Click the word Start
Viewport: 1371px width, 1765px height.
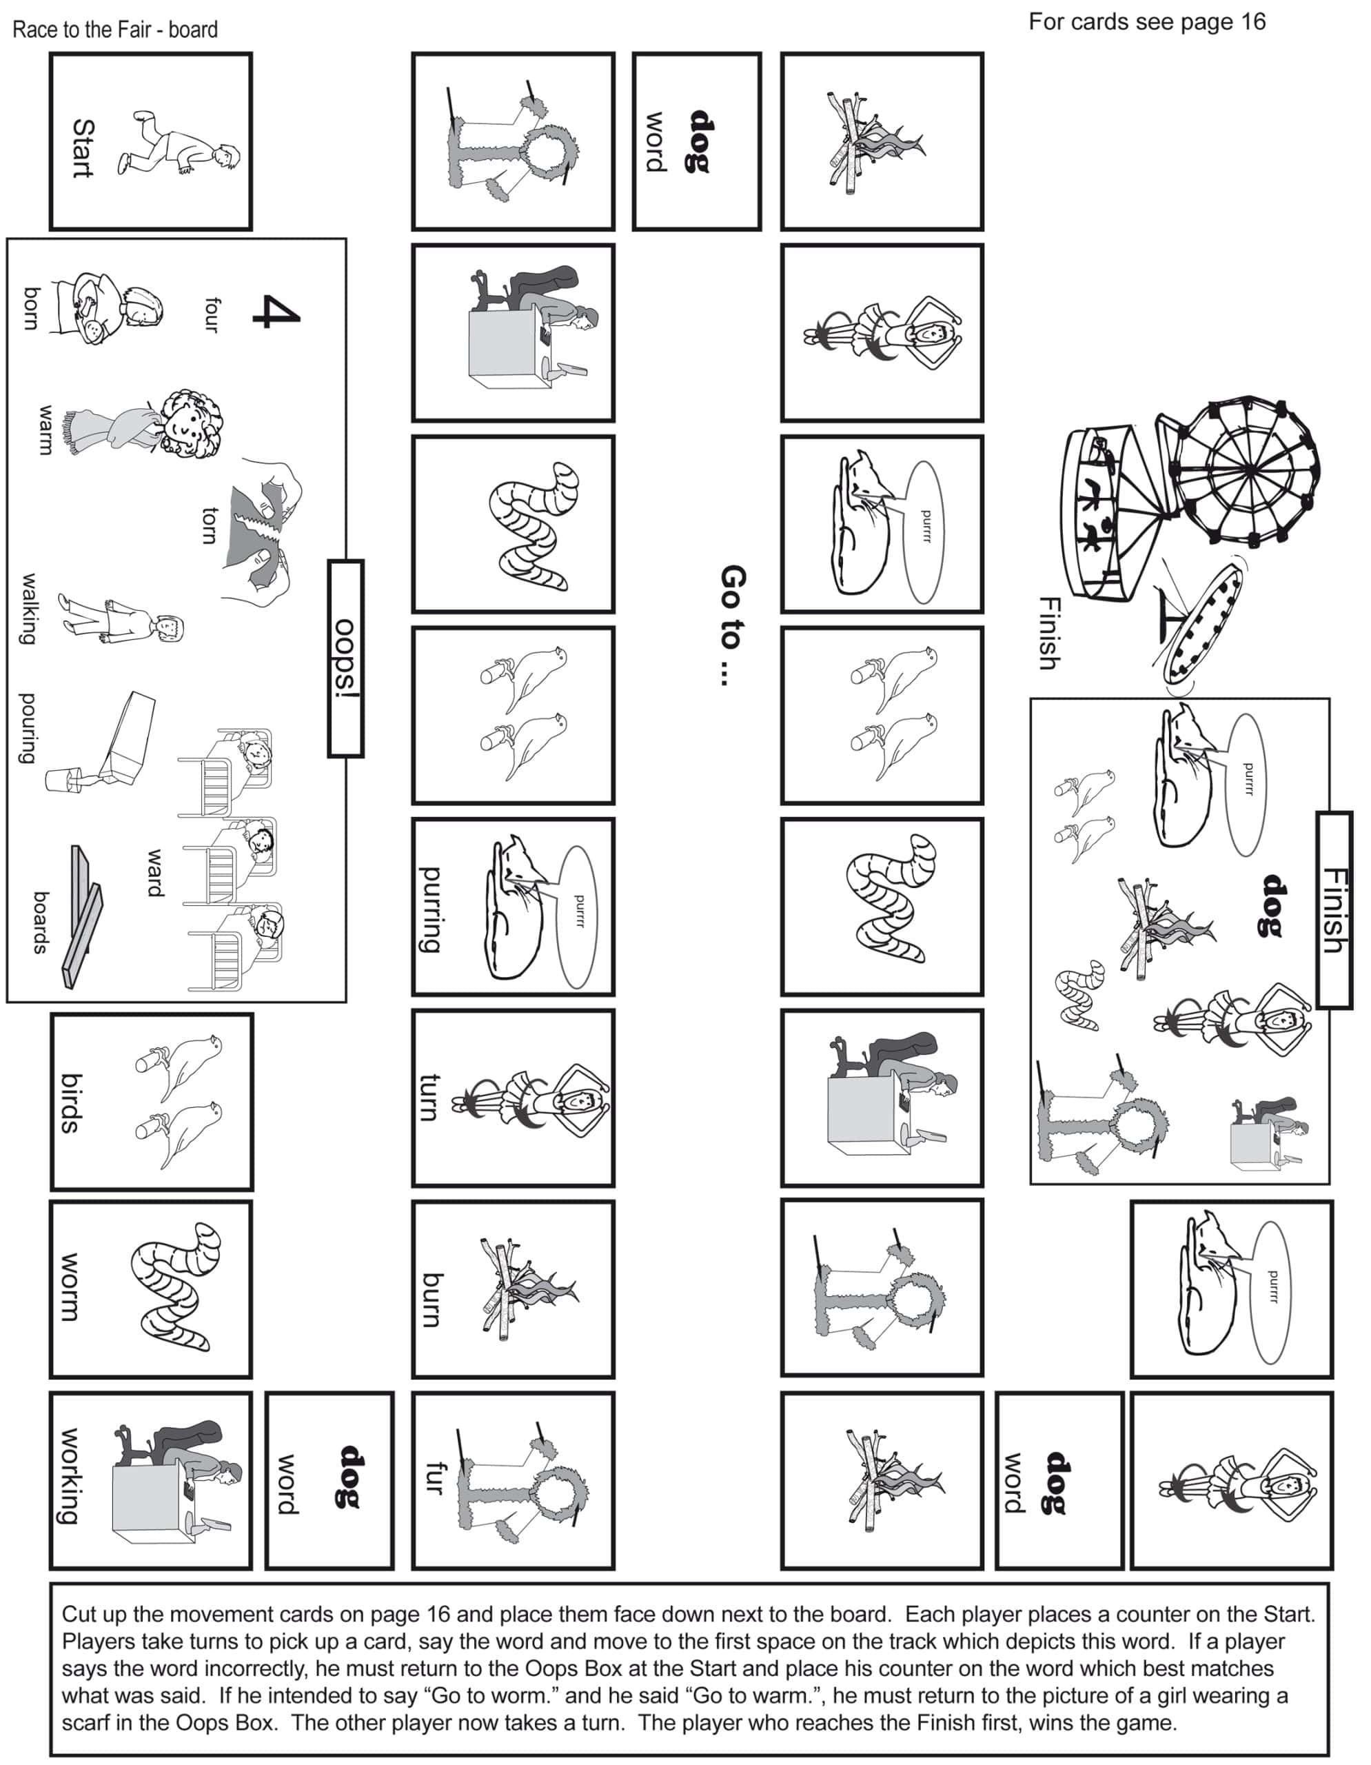pyautogui.click(x=83, y=148)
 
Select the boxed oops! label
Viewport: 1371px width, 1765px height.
pyautogui.click(x=346, y=658)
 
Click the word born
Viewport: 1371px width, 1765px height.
pyautogui.click(x=32, y=308)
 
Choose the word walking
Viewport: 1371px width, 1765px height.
pyautogui.click(x=29, y=609)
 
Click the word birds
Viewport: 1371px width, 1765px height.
pyautogui.click(x=71, y=1103)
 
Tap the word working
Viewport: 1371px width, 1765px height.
pyautogui.click(x=71, y=1477)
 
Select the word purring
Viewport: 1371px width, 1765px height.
pyautogui.click(x=431, y=909)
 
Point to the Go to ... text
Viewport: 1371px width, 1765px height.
pyautogui.click(x=733, y=625)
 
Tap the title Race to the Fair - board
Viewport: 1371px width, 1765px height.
pyautogui.click(x=116, y=30)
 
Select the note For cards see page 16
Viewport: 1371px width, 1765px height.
pyautogui.click(x=1147, y=22)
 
